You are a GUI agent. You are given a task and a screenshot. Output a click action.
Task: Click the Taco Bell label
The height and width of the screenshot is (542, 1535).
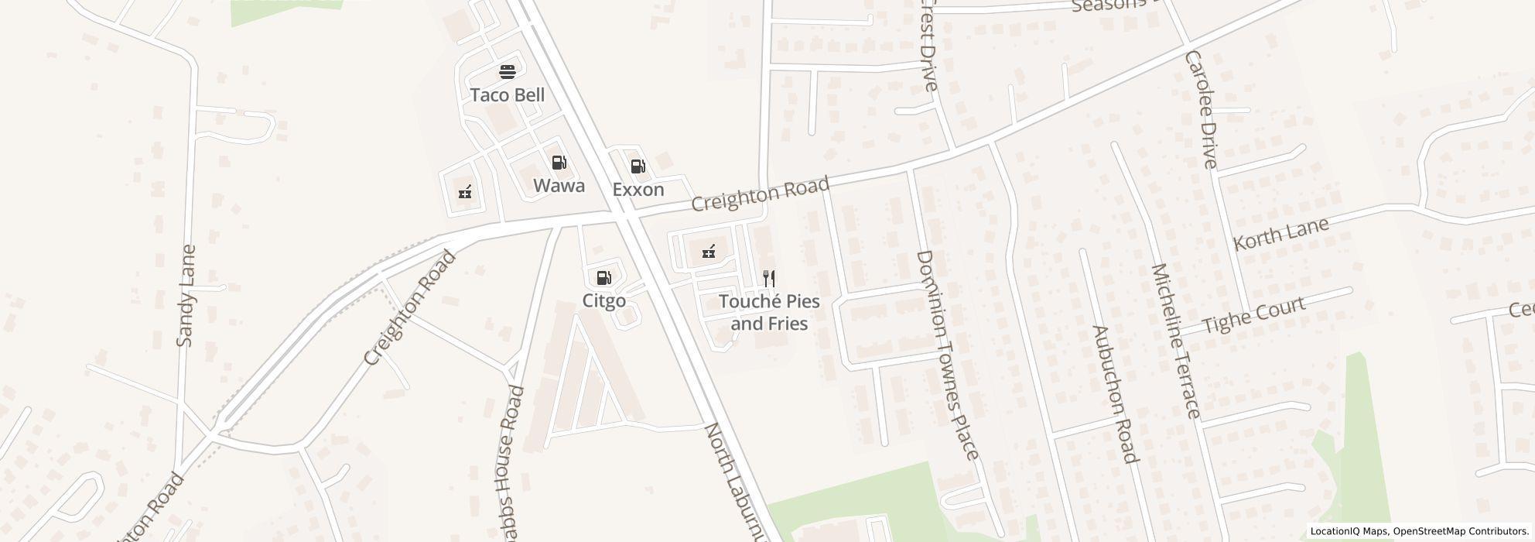tap(508, 95)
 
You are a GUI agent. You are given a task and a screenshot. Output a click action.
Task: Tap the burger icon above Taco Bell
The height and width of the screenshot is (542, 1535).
tap(508, 73)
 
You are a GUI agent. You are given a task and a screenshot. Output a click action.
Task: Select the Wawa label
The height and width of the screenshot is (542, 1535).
tap(559, 186)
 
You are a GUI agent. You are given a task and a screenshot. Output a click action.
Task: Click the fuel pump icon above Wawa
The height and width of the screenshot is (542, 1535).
tap(559, 163)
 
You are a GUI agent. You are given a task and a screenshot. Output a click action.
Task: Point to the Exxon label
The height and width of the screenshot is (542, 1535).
tap(638, 190)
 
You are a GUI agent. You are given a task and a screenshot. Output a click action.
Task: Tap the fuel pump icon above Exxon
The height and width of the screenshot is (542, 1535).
tap(638, 166)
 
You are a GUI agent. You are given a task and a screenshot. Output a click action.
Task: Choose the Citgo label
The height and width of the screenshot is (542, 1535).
tap(603, 300)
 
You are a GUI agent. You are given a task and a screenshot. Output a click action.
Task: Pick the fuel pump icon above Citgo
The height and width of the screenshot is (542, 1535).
tap(603, 278)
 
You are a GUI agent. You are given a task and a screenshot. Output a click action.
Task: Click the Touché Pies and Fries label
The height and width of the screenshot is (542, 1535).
tap(769, 312)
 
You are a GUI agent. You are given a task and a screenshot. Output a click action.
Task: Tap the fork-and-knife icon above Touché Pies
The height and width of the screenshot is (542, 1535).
tap(769, 279)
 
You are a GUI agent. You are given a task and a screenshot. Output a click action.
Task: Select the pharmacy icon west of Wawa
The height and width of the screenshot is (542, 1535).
tap(465, 192)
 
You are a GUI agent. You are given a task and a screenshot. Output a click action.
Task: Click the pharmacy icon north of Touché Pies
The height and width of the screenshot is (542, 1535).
tap(708, 252)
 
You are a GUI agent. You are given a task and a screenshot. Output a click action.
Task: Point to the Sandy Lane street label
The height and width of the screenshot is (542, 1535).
tap(186, 296)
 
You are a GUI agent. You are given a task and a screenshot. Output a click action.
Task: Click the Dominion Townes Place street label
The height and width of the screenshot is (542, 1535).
tap(948, 355)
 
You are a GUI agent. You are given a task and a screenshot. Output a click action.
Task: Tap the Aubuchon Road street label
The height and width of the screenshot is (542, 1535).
tap(1115, 394)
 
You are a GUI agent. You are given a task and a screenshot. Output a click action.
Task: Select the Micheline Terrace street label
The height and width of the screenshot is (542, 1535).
tap(1176, 341)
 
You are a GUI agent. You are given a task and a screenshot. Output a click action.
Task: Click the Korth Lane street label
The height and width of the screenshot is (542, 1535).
tap(1280, 233)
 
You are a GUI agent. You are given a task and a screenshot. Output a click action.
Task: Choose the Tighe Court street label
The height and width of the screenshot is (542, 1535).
tap(1254, 315)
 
